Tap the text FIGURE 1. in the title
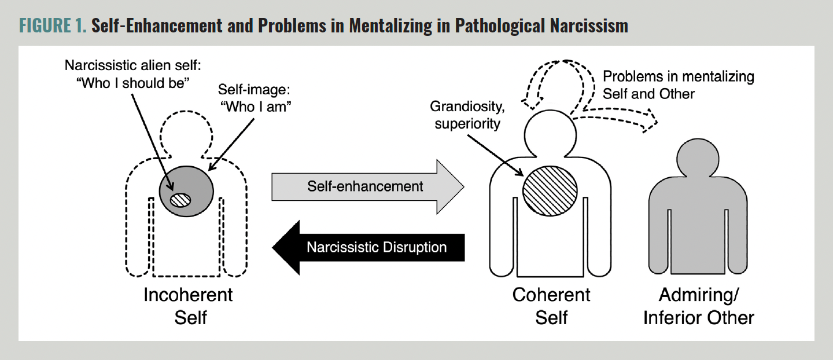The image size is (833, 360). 53,26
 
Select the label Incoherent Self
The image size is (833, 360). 189,305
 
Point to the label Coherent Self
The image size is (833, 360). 551,305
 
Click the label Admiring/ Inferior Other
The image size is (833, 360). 699,305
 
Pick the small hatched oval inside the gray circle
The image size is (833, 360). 180,199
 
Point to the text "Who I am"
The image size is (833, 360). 253,106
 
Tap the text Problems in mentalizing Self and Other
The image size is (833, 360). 678,85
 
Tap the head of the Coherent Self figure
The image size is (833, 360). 550,132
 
